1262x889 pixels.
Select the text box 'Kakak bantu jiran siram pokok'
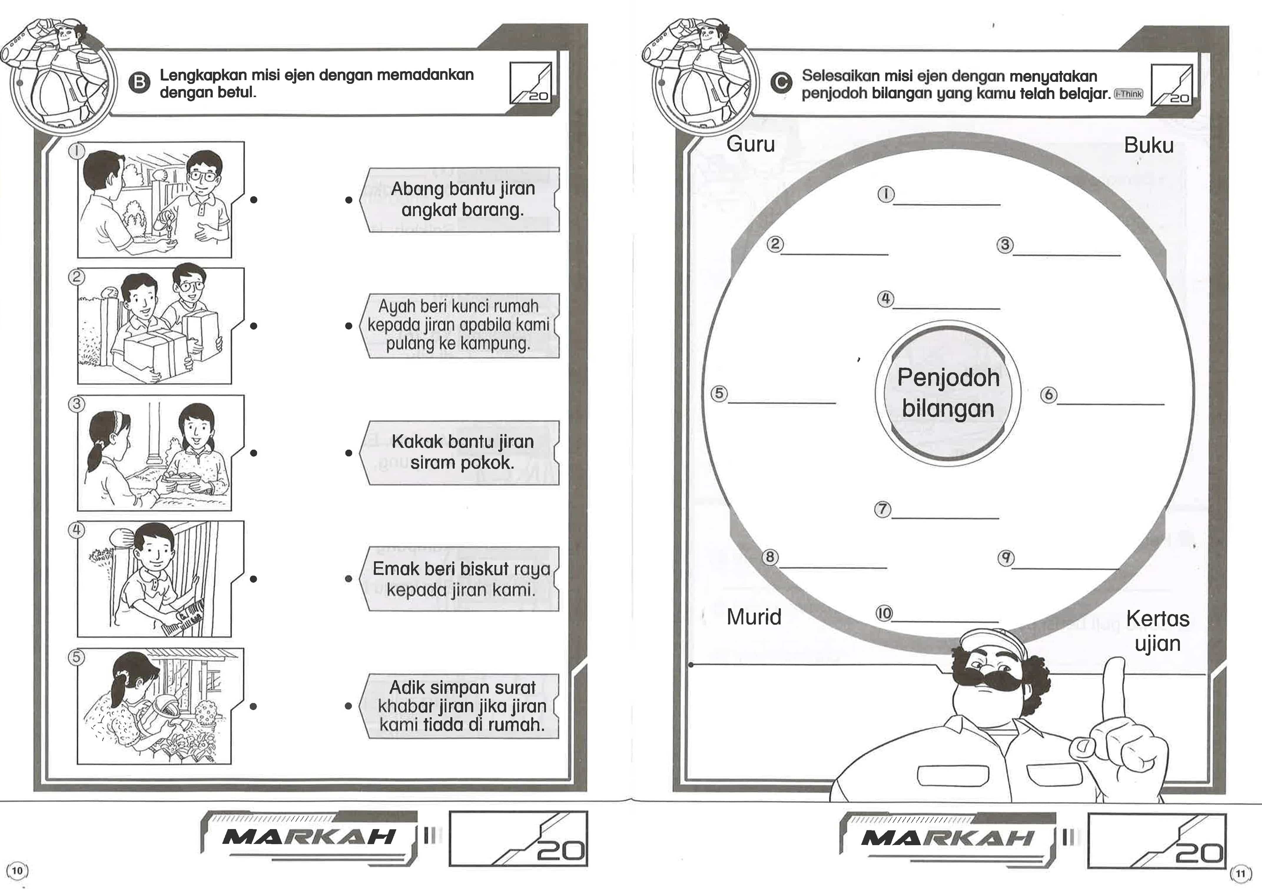[x=461, y=453]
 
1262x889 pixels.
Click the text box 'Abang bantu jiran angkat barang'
[x=461, y=200]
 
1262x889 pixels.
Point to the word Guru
[x=750, y=144]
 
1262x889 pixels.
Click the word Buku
[x=1148, y=145]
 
